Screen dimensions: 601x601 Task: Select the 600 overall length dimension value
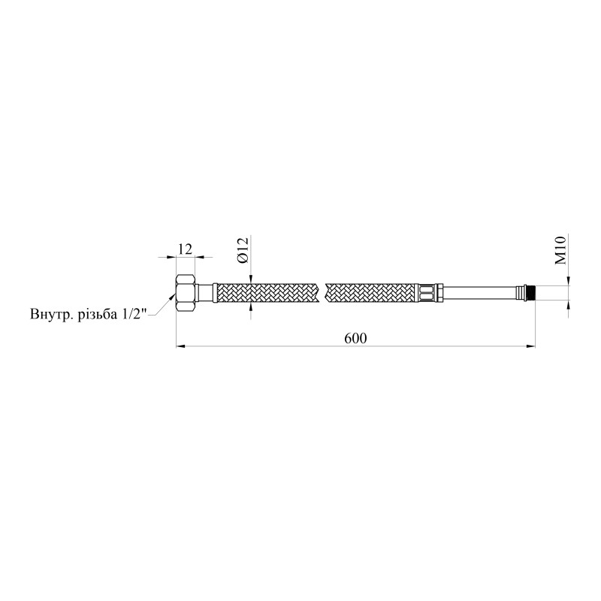tap(355, 338)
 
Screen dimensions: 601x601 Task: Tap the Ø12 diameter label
tap(243, 249)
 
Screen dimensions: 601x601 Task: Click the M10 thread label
tap(560, 249)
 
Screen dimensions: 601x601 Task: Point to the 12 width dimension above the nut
tap(186, 247)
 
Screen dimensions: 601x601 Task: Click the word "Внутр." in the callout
tap(50, 313)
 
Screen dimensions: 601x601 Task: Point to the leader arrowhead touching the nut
tap(175, 299)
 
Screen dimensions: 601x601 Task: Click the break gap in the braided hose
tap(325, 291)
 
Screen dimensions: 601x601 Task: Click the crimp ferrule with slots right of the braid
tap(426, 291)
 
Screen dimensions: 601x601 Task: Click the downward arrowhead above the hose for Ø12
tap(249, 277)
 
